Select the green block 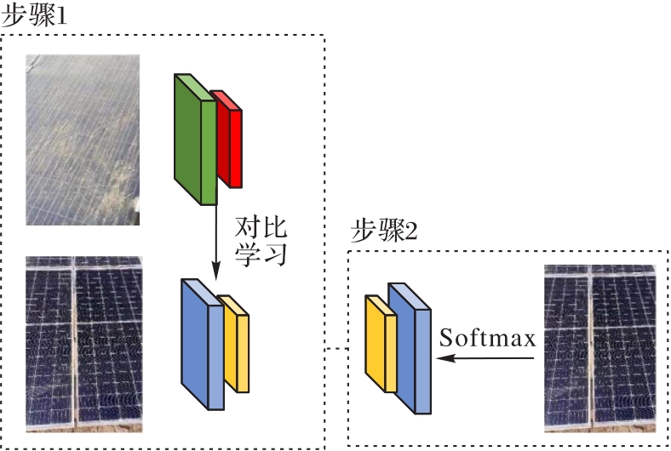pyautogui.click(x=194, y=140)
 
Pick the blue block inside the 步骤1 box pyautogui.click(x=202, y=345)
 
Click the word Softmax pyautogui.click(x=488, y=338)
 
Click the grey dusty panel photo pyautogui.click(x=82, y=140)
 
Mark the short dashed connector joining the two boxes pyautogui.click(x=336, y=349)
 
